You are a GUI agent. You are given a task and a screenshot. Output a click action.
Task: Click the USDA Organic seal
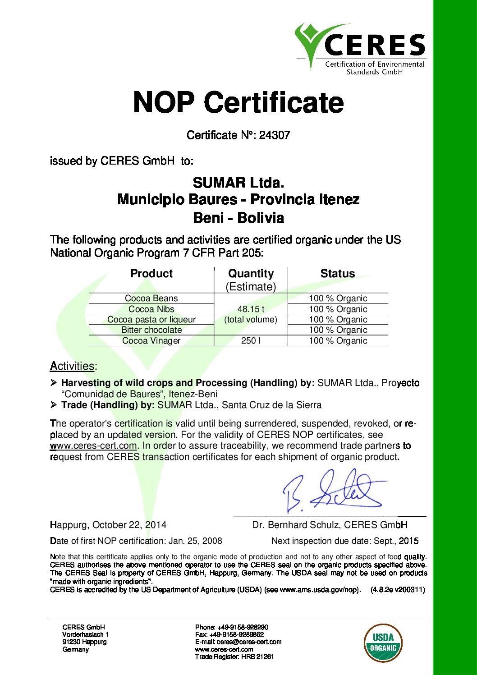[383, 643]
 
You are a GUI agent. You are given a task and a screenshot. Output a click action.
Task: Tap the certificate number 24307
[274, 135]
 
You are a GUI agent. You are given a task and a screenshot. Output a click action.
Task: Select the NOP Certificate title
[238, 102]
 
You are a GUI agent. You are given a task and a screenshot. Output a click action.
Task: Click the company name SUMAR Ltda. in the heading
[238, 183]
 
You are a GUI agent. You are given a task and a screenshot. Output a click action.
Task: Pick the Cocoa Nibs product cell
[151, 309]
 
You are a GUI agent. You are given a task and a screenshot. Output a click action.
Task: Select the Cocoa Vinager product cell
[151, 340]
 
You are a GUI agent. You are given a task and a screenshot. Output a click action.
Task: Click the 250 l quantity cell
[251, 340]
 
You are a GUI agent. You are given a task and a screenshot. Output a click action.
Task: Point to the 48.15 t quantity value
[251, 309]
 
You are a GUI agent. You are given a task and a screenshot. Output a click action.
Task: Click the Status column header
[337, 274]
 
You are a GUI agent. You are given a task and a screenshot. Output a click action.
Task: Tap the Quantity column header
[251, 274]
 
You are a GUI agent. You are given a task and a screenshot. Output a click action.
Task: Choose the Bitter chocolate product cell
[151, 330]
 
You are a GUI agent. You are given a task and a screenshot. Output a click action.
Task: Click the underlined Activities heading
[72, 366]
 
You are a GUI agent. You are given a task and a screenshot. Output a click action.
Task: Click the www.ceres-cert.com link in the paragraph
[93, 445]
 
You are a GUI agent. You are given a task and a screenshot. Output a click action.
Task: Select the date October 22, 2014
[129, 525]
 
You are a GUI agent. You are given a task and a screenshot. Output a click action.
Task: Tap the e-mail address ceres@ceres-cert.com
[249, 642]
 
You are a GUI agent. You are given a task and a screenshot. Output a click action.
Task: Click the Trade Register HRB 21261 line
[234, 657]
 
